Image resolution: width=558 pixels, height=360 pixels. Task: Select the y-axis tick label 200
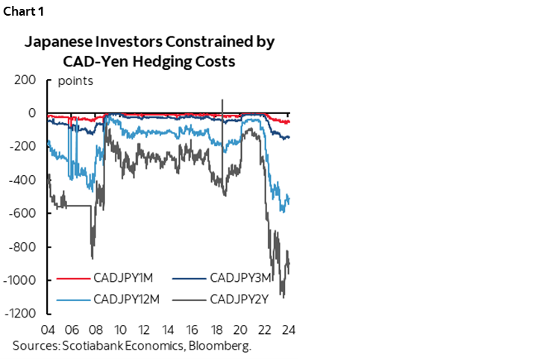pos(25,79)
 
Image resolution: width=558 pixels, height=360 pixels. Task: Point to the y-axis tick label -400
pos(21,180)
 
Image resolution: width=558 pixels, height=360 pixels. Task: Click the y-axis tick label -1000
pos(18,280)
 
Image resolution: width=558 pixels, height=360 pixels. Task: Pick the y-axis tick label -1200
pos(18,313)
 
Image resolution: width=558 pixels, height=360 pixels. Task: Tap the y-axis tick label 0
pos(32,113)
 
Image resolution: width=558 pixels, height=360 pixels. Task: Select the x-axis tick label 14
pos(169,329)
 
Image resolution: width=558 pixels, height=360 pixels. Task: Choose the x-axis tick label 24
pos(289,329)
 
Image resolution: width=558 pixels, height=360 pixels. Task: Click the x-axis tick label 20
pos(241,329)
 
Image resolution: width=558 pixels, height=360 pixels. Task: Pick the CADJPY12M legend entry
pos(126,300)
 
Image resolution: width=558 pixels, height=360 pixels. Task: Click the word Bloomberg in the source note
pos(224,346)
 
